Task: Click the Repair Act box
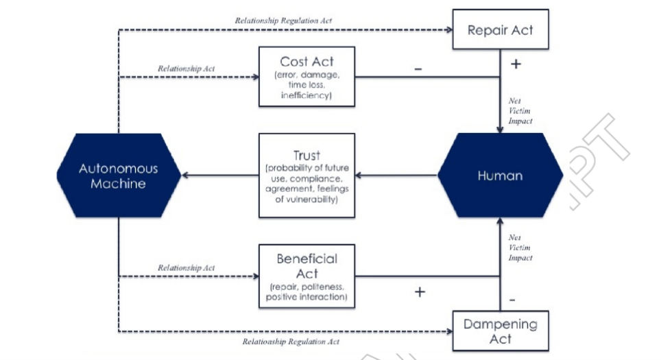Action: click(x=501, y=29)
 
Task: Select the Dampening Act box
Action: click(x=501, y=331)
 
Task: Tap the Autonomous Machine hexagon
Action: click(x=119, y=176)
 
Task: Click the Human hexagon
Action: click(x=501, y=176)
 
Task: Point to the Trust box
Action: click(x=307, y=176)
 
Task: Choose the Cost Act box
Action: click(x=307, y=77)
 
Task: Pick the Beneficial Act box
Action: click(x=307, y=276)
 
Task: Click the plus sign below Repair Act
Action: click(x=516, y=64)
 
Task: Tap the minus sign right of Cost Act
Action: click(x=418, y=69)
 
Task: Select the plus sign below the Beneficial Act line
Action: click(x=420, y=291)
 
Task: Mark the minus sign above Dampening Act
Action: click(x=512, y=300)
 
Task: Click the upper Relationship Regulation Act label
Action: click(x=283, y=21)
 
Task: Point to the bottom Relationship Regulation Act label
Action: click(x=291, y=341)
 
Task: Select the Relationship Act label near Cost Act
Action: click(x=187, y=69)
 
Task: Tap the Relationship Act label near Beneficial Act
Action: click(x=187, y=267)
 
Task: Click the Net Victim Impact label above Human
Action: click(x=520, y=111)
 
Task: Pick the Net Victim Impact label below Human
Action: click(x=520, y=248)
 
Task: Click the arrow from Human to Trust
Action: click(x=397, y=176)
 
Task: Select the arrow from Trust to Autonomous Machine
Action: click(x=220, y=176)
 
